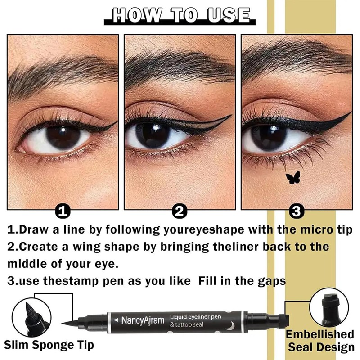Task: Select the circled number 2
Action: click(180, 211)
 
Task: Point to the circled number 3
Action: click(298, 211)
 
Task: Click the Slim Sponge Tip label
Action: click(49, 346)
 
